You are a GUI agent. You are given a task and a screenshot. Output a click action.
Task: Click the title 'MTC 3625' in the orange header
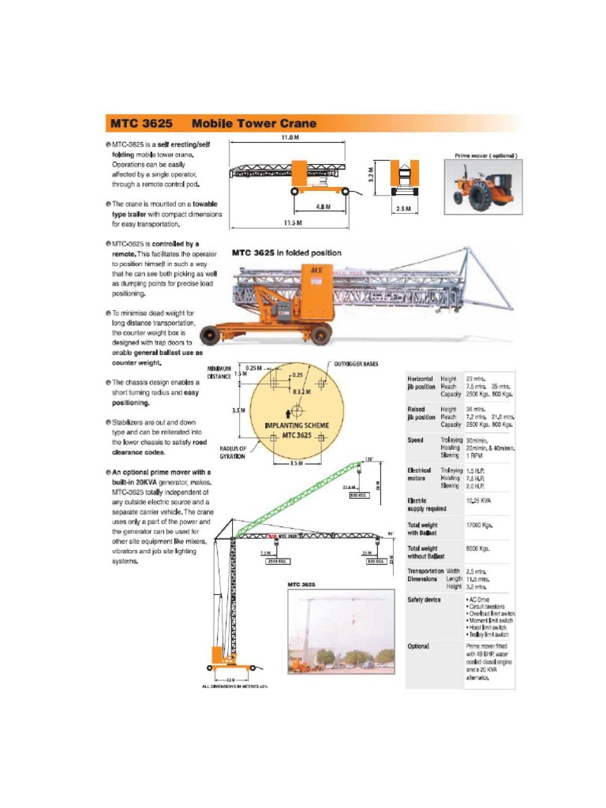click(141, 123)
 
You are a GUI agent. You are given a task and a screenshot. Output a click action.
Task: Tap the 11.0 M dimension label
click(288, 137)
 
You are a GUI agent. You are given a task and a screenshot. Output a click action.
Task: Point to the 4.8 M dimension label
click(323, 207)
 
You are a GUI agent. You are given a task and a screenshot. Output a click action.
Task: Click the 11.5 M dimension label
click(293, 223)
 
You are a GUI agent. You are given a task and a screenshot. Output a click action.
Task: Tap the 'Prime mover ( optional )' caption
click(485, 155)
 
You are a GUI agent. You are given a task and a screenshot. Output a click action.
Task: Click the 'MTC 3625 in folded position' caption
click(286, 252)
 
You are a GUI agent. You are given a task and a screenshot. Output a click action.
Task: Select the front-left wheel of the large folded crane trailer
click(210, 335)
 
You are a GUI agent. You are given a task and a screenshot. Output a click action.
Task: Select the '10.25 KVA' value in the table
click(478, 500)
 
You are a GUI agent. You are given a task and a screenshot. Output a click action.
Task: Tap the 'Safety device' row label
click(424, 600)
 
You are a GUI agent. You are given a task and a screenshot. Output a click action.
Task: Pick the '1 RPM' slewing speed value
click(474, 455)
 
